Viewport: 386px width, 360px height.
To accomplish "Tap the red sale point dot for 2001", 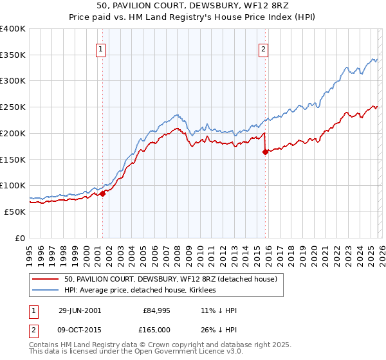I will click(102, 193).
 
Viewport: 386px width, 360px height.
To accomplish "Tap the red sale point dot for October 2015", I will click(265, 152).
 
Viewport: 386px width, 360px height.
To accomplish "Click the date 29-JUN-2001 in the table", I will click(80, 310).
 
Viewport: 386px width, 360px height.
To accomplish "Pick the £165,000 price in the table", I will click(156, 330).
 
